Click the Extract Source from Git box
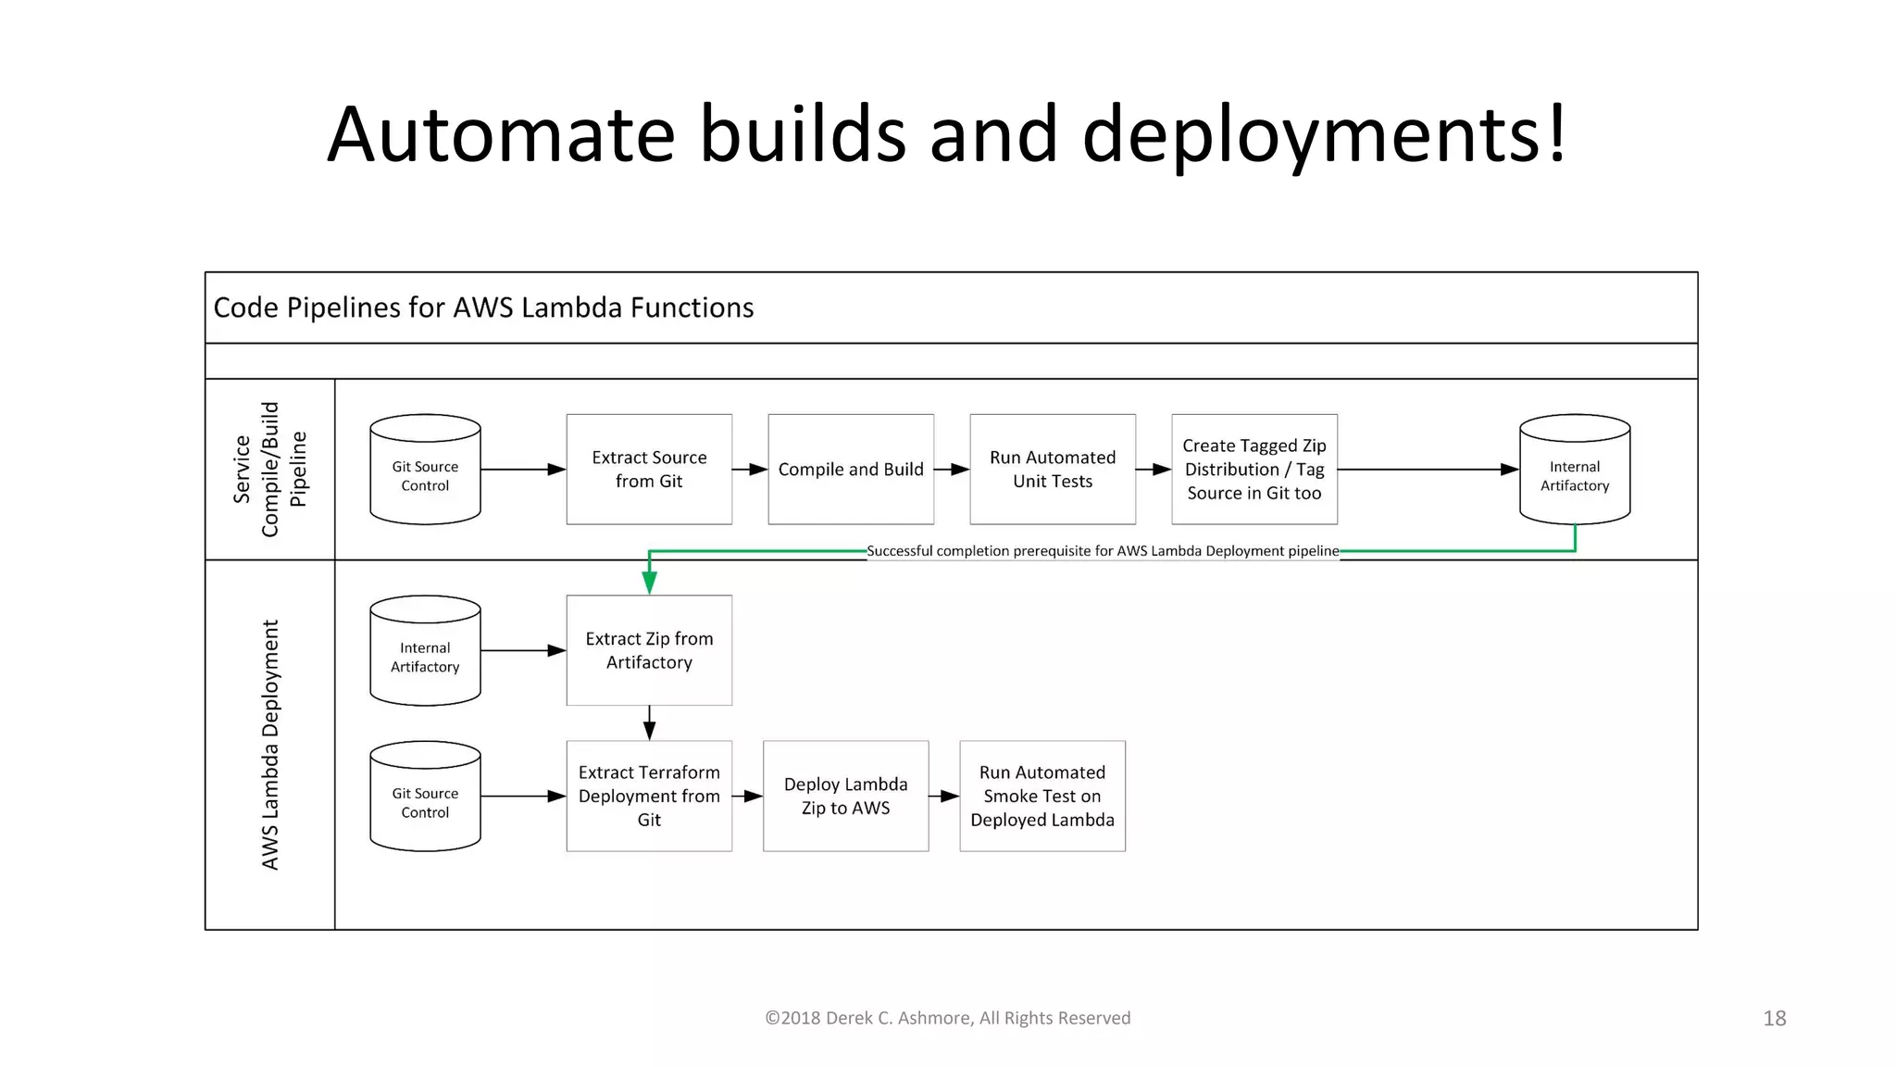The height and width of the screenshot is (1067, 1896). [649, 470]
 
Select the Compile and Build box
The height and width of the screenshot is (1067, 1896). [851, 470]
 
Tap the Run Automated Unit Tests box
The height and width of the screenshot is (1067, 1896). [1053, 470]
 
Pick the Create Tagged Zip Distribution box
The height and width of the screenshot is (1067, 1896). [1254, 470]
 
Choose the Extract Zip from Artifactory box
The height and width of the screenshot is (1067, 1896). [649, 651]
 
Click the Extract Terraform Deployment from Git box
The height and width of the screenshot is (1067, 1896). [649, 797]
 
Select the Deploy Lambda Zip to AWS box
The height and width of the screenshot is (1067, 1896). [845, 797]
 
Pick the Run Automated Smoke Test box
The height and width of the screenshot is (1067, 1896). [1042, 797]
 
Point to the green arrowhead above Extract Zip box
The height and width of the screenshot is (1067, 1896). [649, 583]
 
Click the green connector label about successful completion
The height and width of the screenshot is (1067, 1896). [1103, 551]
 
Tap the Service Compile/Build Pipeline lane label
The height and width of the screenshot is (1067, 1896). [269, 470]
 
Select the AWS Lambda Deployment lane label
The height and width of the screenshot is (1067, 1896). [269, 745]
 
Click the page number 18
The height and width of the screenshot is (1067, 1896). [1774, 1019]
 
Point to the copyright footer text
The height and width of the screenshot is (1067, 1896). [947, 1018]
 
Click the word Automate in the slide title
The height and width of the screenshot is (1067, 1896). [501, 134]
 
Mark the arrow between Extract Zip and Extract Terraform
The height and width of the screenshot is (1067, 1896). [649, 723]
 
